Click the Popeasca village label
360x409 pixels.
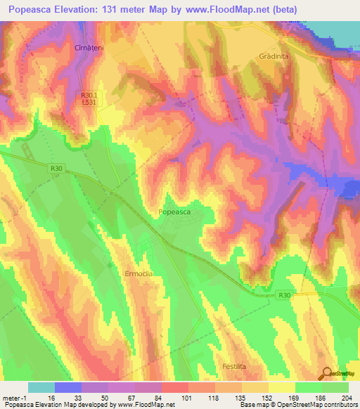[x=176, y=211]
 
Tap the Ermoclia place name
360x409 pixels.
[x=138, y=273]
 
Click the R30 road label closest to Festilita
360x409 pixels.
[x=284, y=295]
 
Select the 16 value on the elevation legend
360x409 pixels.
[x=41, y=398]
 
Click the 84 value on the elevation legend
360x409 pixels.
[x=148, y=398]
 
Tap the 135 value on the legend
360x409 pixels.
[x=228, y=398]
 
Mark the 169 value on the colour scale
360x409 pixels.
[x=281, y=398]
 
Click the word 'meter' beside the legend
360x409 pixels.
[x=12, y=398]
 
